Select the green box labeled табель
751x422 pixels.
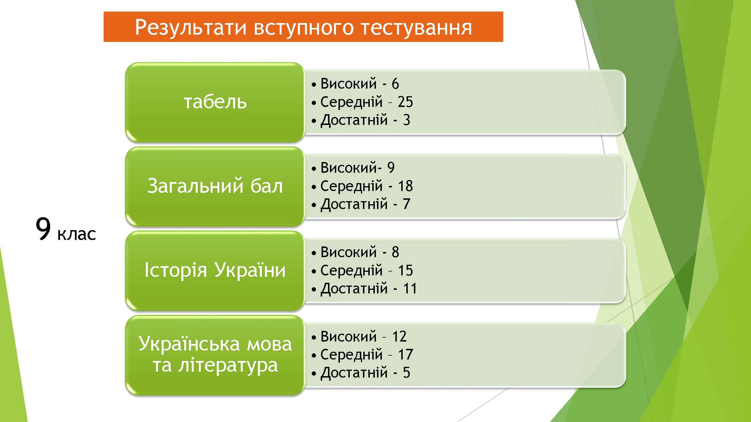pyautogui.click(x=215, y=102)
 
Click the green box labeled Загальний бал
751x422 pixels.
pyautogui.click(x=215, y=187)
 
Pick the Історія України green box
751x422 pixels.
pyautogui.click(x=215, y=271)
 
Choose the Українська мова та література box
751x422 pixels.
pyautogui.click(x=215, y=355)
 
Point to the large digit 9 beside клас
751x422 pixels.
pyautogui.click(x=43, y=229)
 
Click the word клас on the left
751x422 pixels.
pyautogui.click(x=77, y=234)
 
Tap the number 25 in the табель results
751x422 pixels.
pyautogui.click(x=405, y=102)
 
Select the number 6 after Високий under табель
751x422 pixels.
pyautogui.click(x=395, y=84)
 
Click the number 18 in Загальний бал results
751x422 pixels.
pyautogui.click(x=405, y=186)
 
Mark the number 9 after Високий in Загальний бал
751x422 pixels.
pyautogui.click(x=391, y=168)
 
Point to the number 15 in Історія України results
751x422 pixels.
pyautogui.click(x=405, y=271)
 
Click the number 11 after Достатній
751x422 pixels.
pyautogui.click(x=410, y=289)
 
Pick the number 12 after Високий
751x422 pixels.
pyautogui.click(x=399, y=337)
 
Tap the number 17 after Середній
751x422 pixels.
pyautogui.click(x=405, y=355)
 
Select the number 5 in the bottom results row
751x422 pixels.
pyautogui.click(x=407, y=373)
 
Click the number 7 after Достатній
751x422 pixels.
pyautogui.click(x=407, y=204)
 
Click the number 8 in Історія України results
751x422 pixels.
pyautogui.click(x=395, y=252)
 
